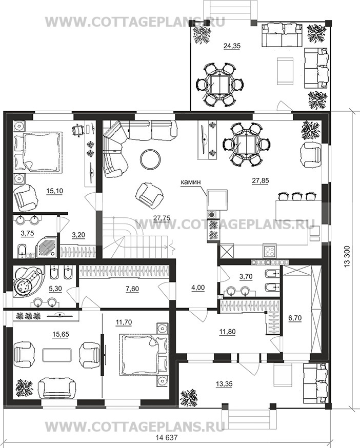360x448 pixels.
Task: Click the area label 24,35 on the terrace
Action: pos(232,46)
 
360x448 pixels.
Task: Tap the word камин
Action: pos(190,182)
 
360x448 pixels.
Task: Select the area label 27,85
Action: pos(260,180)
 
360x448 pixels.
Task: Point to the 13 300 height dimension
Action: pos(347,256)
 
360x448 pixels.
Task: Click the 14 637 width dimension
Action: pos(167,437)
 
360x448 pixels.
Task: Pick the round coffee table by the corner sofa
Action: pos(150,159)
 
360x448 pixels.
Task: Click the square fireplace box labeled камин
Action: pos(217,200)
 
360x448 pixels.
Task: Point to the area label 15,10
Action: pos(54,191)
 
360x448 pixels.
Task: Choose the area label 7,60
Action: pos(132,289)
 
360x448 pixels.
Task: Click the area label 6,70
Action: pos(295,318)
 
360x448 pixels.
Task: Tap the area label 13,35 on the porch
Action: pos(224,384)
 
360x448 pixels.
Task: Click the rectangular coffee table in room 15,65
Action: pos(57,355)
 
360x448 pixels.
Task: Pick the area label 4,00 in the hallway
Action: pos(198,288)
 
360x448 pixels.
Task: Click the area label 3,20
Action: pos(78,235)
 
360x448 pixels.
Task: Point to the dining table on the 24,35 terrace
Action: pos(219,85)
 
